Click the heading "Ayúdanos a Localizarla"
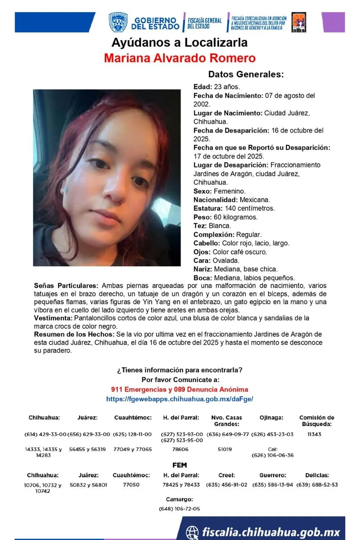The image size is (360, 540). pyautogui.click(x=179, y=43)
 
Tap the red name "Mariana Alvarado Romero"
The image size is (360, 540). pyautogui.click(x=180, y=58)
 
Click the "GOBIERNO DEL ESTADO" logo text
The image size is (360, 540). pyautogui.click(x=155, y=23)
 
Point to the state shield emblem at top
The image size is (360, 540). pyautogui.click(x=118, y=23)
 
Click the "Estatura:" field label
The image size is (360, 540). pyautogui.click(x=208, y=208)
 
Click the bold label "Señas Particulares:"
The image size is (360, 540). pyautogui.click(x=66, y=286)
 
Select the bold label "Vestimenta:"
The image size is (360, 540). pyautogui.click(x=52, y=318)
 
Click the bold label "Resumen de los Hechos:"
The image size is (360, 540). pyautogui.click(x=74, y=335)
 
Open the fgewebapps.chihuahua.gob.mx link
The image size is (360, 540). pyautogui.click(x=179, y=399)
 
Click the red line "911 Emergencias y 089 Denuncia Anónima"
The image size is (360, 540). pyautogui.click(x=179, y=389)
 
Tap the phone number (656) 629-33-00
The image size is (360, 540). pyautogui.click(x=88, y=435)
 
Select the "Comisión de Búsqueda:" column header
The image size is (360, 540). pyautogui.click(x=317, y=421)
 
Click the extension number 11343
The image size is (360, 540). pyautogui.click(x=314, y=435)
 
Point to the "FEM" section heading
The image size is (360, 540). pyautogui.click(x=179, y=465)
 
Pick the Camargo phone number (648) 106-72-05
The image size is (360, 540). pyautogui.click(x=179, y=509)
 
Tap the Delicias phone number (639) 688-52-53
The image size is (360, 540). pyautogui.click(x=317, y=485)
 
